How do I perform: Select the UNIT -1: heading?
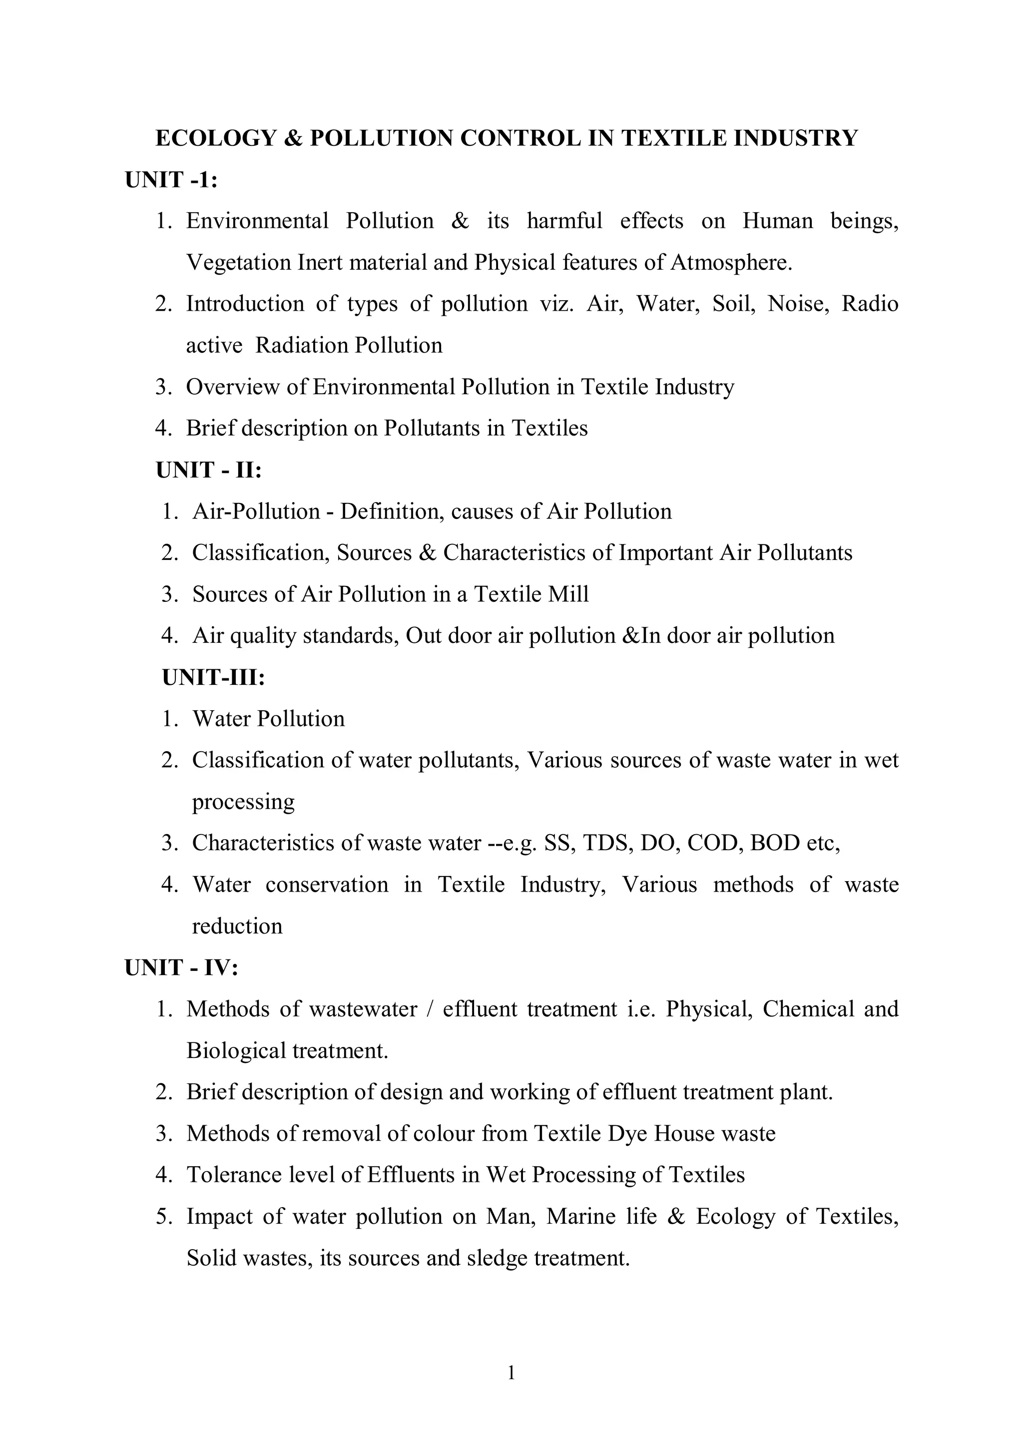pyautogui.click(x=171, y=180)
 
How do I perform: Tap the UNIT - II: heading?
pyautogui.click(x=208, y=471)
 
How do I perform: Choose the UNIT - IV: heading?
pyautogui.click(x=181, y=968)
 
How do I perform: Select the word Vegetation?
pyautogui.click(x=238, y=263)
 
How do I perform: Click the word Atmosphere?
pyautogui.click(x=731, y=263)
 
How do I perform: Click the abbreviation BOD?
pyautogui.click(x=775, y=843)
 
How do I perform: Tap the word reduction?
pyautogui.click(x=237, y=927)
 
